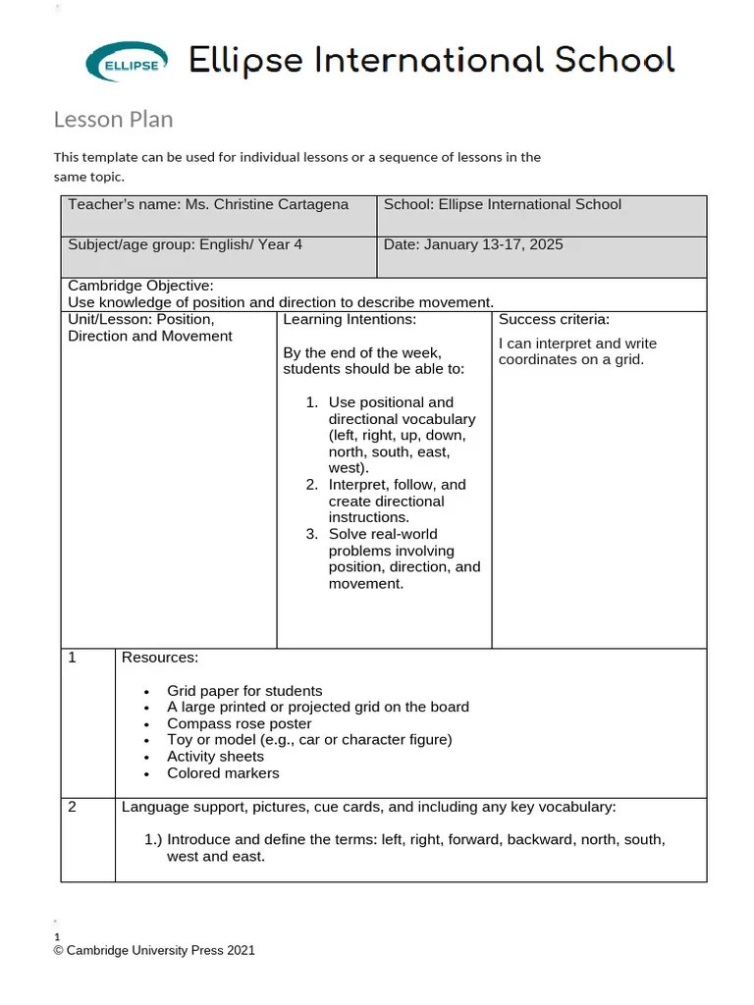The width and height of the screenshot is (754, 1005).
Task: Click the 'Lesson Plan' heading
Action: pyautogui.click(x=113, y=120)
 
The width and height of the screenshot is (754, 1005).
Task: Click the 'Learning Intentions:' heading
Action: pyautogui.click(x=350, y=320)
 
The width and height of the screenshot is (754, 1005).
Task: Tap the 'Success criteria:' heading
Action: pyautogui.click(x=554, y=320)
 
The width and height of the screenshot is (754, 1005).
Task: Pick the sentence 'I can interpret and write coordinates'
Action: pyautogui.click(x=577, y=351)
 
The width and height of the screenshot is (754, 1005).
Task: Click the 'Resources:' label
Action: pyautogui.click(x=159, y=658)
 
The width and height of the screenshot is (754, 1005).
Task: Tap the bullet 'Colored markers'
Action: pyautogui.click(x=223, y=773)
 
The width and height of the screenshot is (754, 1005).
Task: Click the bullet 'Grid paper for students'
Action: pyautogui.click(x=244, y=691)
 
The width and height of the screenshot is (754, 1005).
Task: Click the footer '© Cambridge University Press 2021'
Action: pyautogui.click(x=154, y=950)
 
